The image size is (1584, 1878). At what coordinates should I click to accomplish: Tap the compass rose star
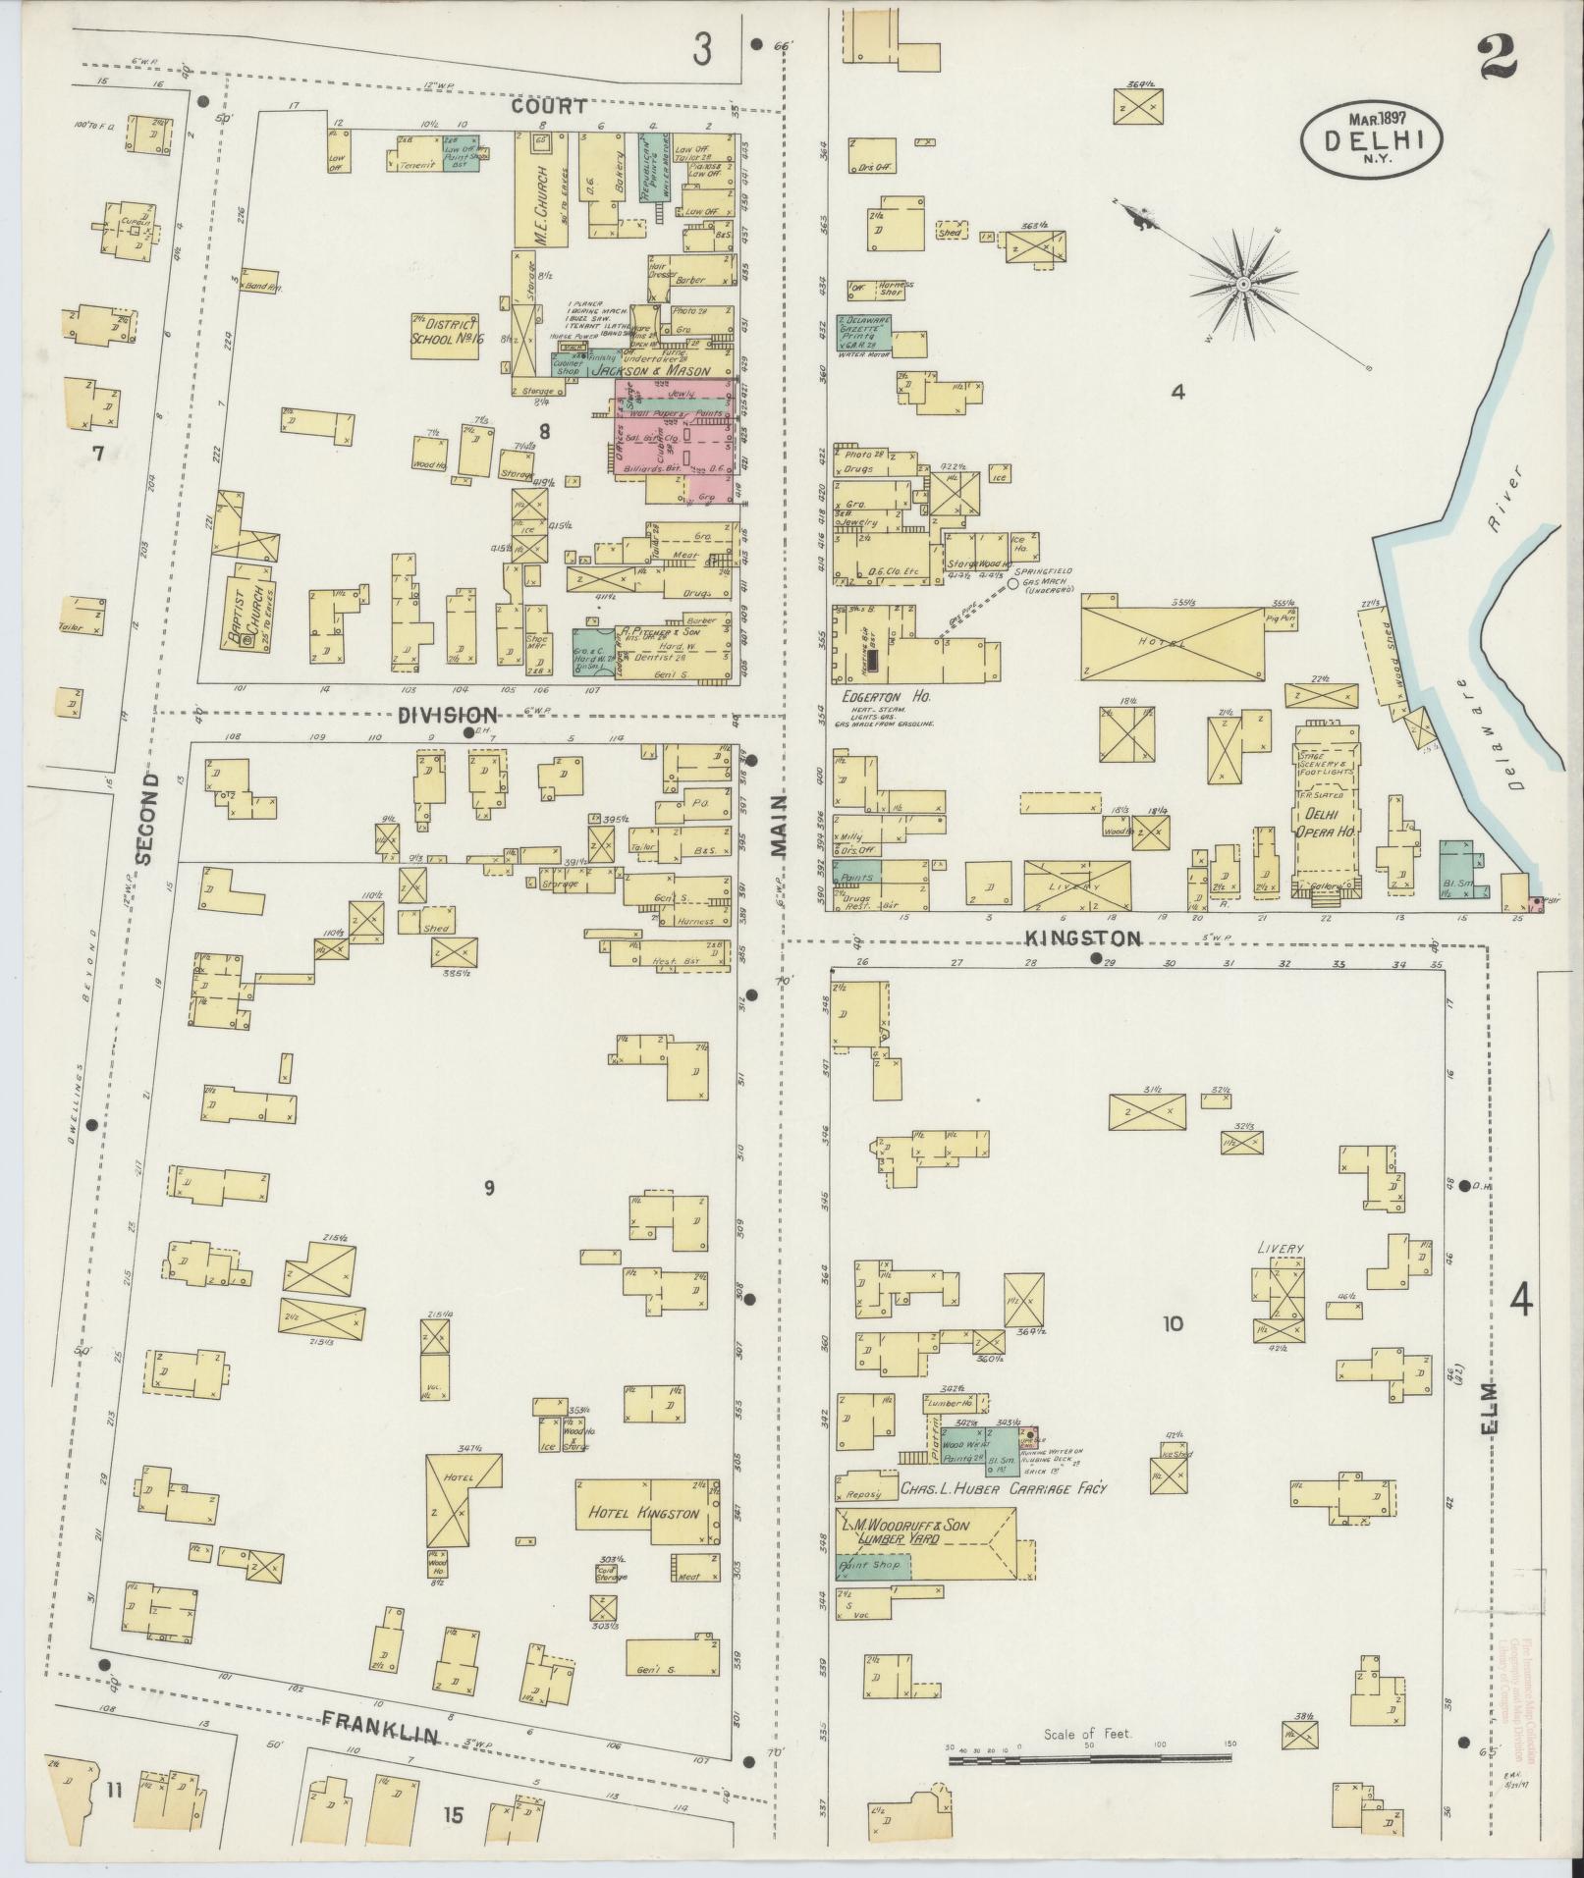coord(1242,285)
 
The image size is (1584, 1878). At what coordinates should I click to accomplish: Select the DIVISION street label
coord(447,715)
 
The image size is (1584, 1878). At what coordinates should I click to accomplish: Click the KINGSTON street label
coord(1083,939)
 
